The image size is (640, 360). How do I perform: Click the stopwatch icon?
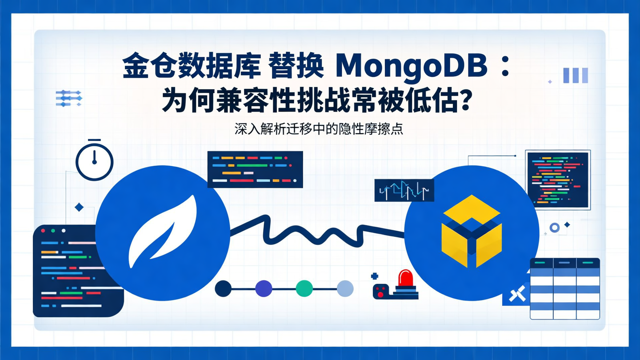(95, 161)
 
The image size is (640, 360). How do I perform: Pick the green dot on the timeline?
(304, 288)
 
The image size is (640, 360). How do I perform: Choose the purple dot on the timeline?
(264, 288)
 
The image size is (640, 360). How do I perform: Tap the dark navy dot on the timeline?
(223, 288)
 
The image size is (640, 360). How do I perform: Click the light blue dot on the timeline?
(345, 288)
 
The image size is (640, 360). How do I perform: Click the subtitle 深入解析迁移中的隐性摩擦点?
(319, 130)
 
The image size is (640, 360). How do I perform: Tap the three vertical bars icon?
(576, 76)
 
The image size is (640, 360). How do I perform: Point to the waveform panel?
(404, 191)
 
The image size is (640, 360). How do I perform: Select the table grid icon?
(564, 288)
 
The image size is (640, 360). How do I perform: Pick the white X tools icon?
(517, 294)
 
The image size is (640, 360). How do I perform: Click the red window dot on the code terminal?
(44, 231)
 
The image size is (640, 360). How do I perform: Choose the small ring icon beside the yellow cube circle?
(554, 228)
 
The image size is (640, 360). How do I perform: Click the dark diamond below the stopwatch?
(79, 207)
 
